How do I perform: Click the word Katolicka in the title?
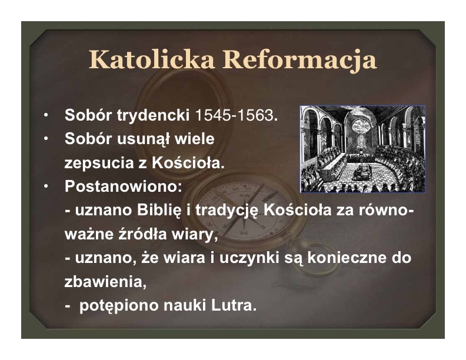pyautogui.click(x=152, y=59)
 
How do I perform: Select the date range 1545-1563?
pyautogui.click(x=234, y=115)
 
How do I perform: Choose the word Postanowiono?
pyautogui.click(x=123, y=186)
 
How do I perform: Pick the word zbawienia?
pyautogui.click(x=105, y=282)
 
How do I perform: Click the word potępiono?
pyautogui.click(x=119, y=306)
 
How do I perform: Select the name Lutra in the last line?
pyautogui.click(x=234, y=306)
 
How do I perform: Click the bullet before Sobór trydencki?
pyautogui.click(x=45, y=115)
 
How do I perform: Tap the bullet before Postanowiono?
pyautogui.click(x=45, y=186)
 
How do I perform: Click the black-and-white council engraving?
pyautogui.click(x=362, y=149)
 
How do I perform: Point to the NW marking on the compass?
pyautogui.click(x=245, y=196)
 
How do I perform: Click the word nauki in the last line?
pyautogui.click(x=185, y=306)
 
